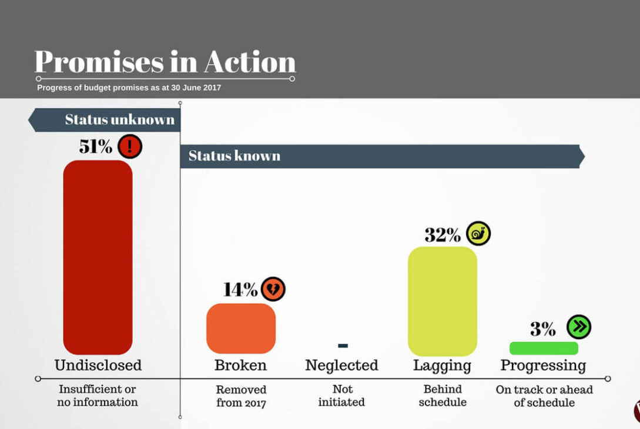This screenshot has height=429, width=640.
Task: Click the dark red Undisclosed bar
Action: pyautogui.click(x=98, y=257)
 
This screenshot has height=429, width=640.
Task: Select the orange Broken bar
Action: pyautogui.click(x=240, y=328)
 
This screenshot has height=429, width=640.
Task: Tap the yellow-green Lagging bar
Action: pyautogui.click(x=442, y=301)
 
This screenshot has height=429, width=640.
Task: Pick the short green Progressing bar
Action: pyautogui.click(x=544, y=348)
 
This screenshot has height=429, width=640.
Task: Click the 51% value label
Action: pyautogui.click(x=95, y=146)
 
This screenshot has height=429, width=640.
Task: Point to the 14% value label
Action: pyautogui.click(x=240, y=289)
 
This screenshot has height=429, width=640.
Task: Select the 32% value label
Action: pyautogui.click(x=443, y=235)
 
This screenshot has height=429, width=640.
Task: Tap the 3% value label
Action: pyautogui.click(x=542, y=329)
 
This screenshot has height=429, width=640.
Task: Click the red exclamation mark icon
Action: pyautogui.click(x=130, y=146)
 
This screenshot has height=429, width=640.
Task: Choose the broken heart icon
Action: pyautogui.click(x=273, y=289)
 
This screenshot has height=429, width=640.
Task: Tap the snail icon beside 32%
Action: pyautogui.click(x=478, y=234)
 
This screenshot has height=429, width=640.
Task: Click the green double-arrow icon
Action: pyautogui.click(x=579, y=327)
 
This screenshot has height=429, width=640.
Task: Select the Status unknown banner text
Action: pyautogui.click(x=120, y=120)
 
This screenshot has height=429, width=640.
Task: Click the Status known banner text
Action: pyautogui.click(x=234, y=156)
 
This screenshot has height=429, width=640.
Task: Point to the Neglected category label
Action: pyautogui.click(x=341, y=366)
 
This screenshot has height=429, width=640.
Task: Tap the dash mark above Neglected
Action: pyautogui.click(x=343, y=346)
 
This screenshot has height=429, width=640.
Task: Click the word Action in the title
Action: pyautogui.click(x=250, y=62)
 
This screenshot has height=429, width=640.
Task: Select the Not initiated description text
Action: pyautogui.click(x=342, y=396)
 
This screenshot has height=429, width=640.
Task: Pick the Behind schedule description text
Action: pyautogui.click(x=443, y=396)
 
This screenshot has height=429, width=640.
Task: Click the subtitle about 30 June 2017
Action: pyautogui.click(x=129, y=88)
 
